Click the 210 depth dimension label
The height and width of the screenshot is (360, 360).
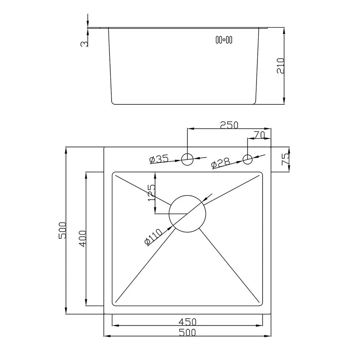point(281,66)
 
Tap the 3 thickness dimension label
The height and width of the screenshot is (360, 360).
point(84,44)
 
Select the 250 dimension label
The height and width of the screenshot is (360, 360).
point(229,125)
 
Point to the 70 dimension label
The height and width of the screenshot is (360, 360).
point(260,135)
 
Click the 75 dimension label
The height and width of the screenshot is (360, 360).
point(285,159)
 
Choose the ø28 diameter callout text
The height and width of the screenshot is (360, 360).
point(220,163)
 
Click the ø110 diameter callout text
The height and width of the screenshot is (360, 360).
point(153,237)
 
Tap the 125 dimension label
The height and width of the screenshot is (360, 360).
point(152,193)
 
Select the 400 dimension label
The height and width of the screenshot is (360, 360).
point(82,239)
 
